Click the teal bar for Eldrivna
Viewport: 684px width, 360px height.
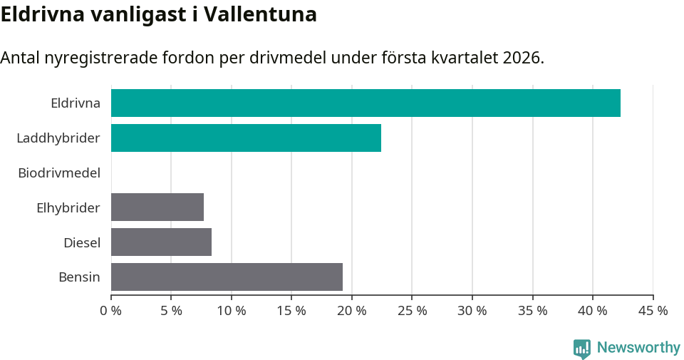point(366,103)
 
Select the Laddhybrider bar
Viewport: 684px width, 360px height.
point(246,138)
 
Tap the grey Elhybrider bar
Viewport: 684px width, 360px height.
point(157,207)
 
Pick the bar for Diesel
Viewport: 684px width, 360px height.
point(161,242)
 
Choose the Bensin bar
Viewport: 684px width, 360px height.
point(227,277)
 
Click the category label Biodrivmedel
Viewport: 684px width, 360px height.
point(59,173)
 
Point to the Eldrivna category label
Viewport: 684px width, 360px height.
point(76,103)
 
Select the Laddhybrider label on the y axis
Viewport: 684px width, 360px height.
point(58,138)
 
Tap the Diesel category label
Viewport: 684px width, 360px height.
point(82,242)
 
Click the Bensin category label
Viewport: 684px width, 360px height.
point(79,277)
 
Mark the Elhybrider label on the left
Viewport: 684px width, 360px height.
point(68,207)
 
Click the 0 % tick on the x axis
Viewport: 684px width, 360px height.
point(111,311)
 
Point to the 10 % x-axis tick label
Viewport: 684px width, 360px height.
point(232,311)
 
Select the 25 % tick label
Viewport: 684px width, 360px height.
point(413,311)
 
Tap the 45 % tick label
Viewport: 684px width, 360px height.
point(653,311)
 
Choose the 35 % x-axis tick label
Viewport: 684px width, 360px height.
point(533,311)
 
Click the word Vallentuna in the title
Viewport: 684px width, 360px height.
point(260,14)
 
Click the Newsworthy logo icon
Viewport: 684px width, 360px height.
point(582,348)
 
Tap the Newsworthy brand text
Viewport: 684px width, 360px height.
point(638,348)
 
